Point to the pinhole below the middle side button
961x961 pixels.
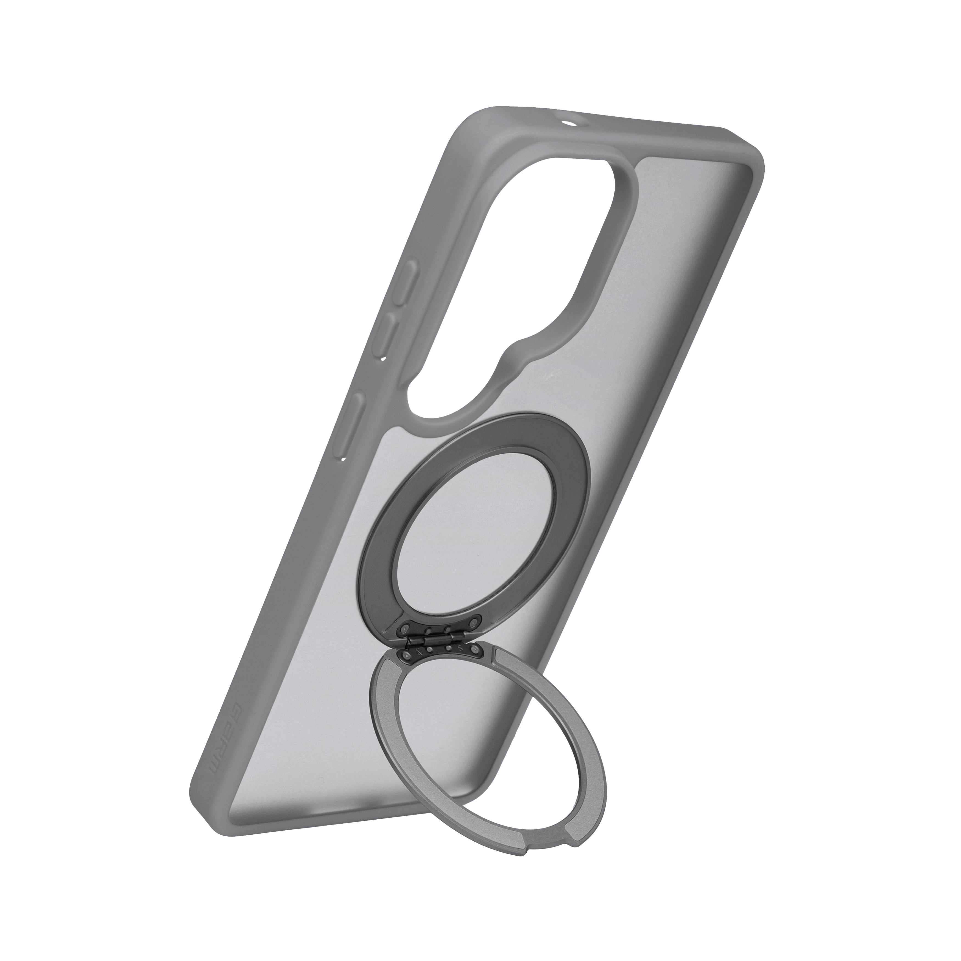[x=382, y=358]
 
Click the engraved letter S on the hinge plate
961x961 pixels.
[x=460, y=649]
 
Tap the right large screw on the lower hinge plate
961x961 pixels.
[x=475, y=650]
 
